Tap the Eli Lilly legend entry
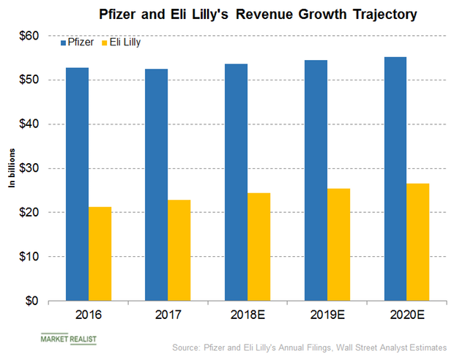pyautogui.click(x=121, y=45)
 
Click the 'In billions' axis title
pyautogui.click(x=12, y=168)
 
